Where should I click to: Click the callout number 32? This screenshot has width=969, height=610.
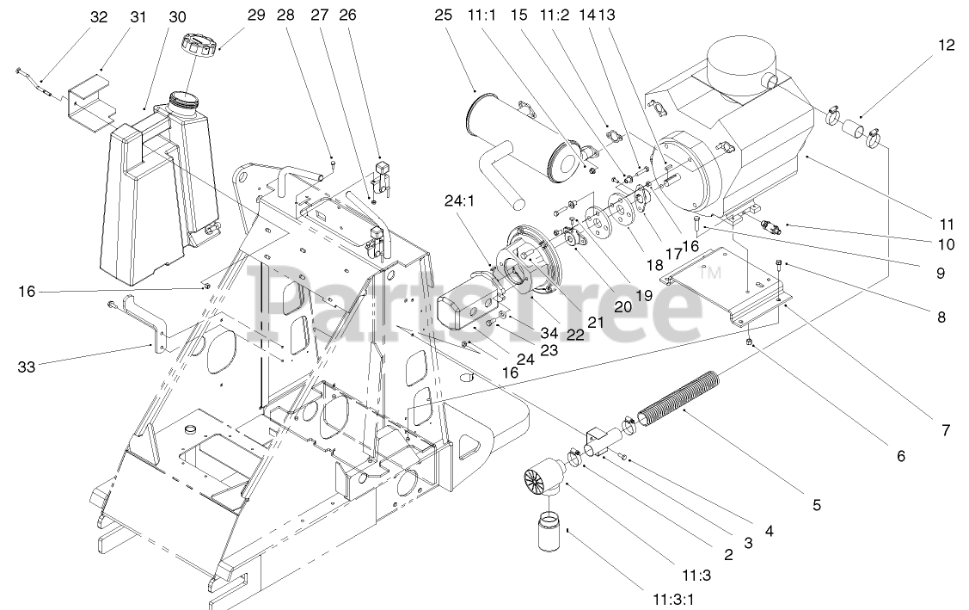pos(99,17)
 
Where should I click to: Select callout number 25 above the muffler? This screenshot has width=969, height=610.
pos(443,15)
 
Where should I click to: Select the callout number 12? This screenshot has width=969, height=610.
pos(946,46)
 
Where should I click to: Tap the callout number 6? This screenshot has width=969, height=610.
pos(900,456)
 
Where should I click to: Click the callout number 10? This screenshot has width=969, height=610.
pos(946,244)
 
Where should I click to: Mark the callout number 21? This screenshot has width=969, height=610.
pos(595,322)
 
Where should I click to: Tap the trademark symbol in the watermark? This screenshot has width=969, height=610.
pos(710,274)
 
